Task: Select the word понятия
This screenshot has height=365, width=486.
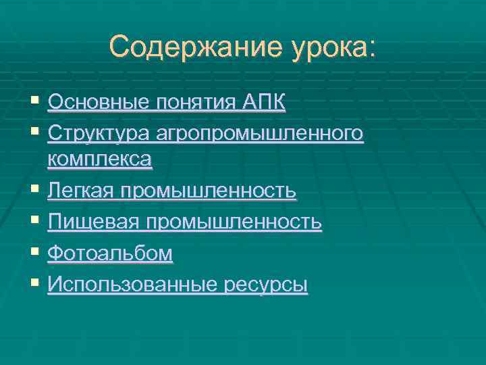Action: (x=195, y=103)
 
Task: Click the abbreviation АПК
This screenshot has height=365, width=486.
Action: (x=264, y=103)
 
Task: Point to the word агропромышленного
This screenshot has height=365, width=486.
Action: (x=261, y=134)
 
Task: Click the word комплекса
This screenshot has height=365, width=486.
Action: (x=100, y=160)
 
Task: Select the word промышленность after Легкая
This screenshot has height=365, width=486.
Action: (x=208, y=191)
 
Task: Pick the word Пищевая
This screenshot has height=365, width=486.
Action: (x=94, y=222)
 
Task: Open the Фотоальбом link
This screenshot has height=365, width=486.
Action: (x=110, y=253)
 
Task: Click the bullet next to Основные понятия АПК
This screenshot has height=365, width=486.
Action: (x=35, y=103)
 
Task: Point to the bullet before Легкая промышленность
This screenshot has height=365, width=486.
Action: (x=35, y=191)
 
